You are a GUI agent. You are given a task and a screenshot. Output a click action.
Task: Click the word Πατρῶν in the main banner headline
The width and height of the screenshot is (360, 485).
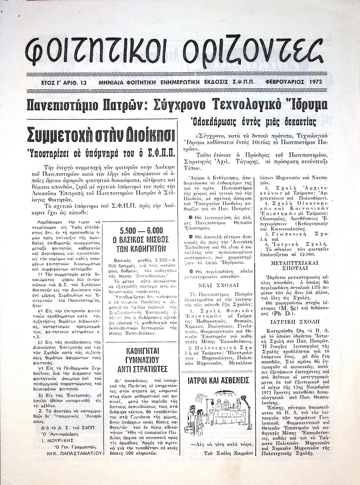tap(126, 105)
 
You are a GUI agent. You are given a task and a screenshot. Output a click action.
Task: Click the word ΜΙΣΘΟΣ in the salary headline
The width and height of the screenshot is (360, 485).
tap(153, 240)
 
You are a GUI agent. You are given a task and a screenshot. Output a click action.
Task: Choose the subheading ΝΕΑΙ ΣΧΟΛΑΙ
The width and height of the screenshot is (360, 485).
tap(218, 286)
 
